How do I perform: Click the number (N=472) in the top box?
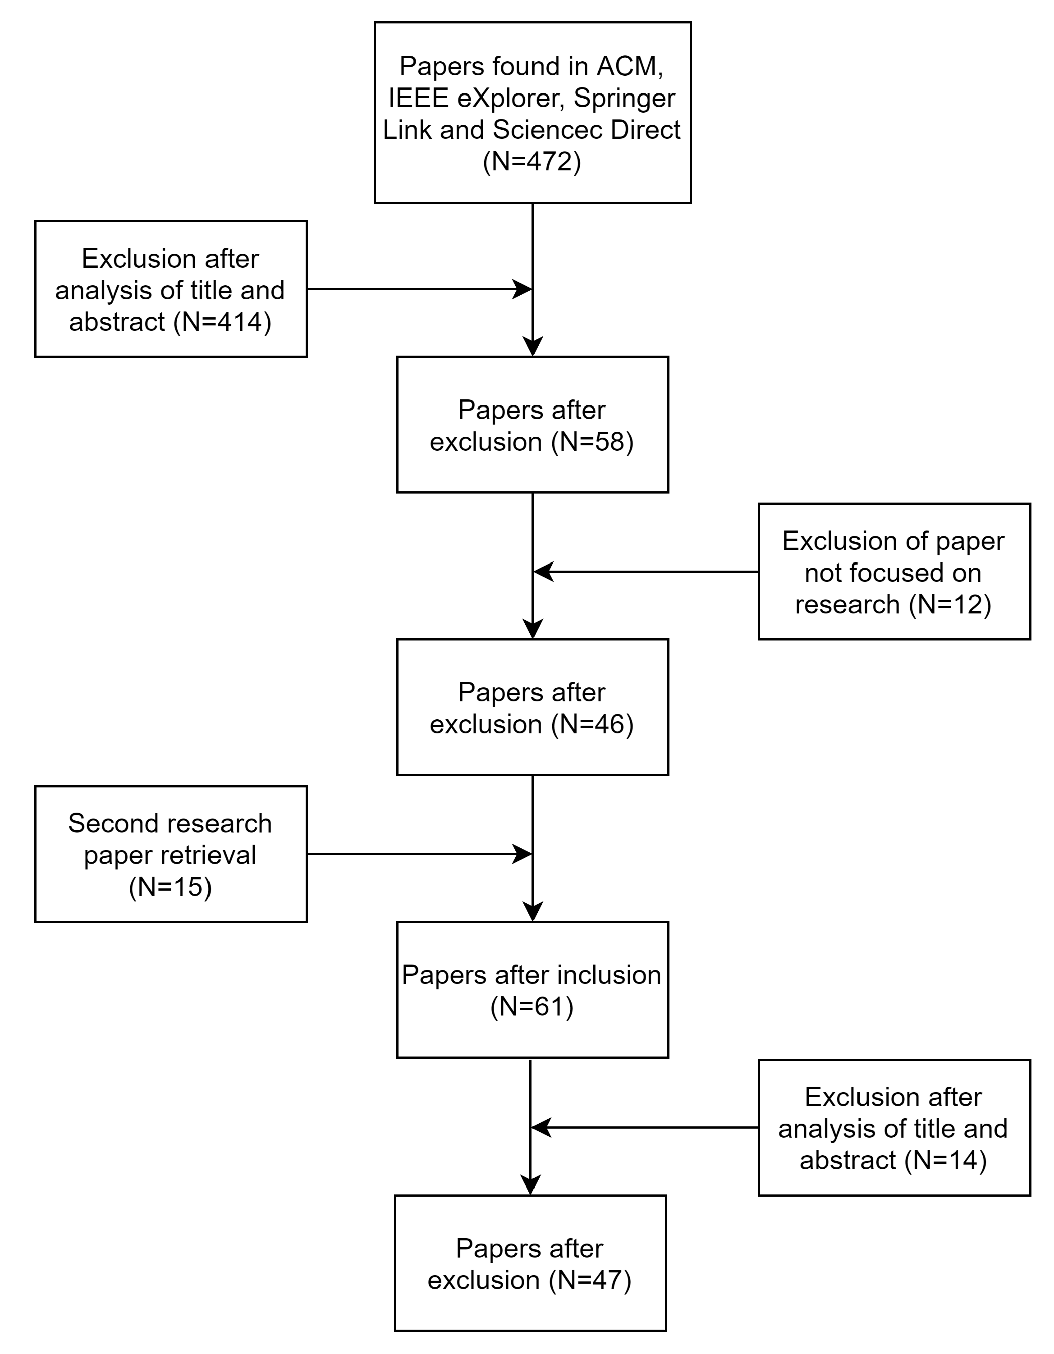click(532, 162)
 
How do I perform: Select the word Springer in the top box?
click(624, 98)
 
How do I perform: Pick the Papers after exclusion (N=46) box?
click(532, 707)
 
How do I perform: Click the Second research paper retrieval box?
click(170, 854)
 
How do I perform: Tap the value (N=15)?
click(170, 887)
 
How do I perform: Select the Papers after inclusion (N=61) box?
click(532, 990)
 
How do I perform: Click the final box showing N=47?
click(530, 1263)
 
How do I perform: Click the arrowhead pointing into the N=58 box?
click(532, 346)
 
